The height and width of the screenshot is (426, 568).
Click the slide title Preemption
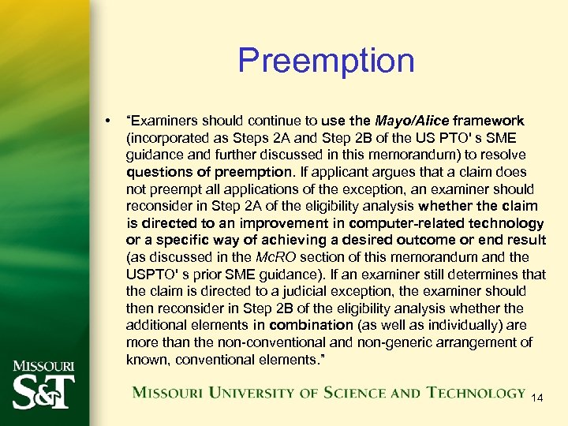[x=326, y=60]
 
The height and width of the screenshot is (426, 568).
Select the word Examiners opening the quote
[x=165, y=121]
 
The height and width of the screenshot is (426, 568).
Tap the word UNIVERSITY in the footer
[x=241, y=393]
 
